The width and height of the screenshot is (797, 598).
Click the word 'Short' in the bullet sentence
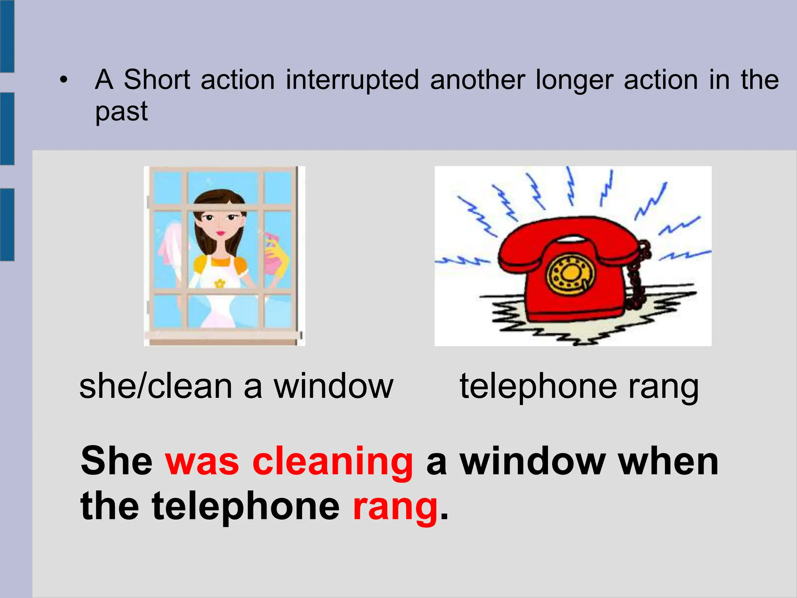(157, 80)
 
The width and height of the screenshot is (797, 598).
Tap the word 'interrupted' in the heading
(353, 80)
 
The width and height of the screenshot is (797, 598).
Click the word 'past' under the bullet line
(121, 112)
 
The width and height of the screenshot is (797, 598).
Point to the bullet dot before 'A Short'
(63, 81)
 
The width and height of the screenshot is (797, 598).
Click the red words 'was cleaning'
(289, 462)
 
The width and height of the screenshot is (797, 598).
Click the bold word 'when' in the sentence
(668, 462)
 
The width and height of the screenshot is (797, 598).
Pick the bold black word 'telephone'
(246, 507)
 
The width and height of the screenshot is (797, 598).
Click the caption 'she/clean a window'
(236, 387)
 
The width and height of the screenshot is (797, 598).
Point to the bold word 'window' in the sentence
(532, 462)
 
